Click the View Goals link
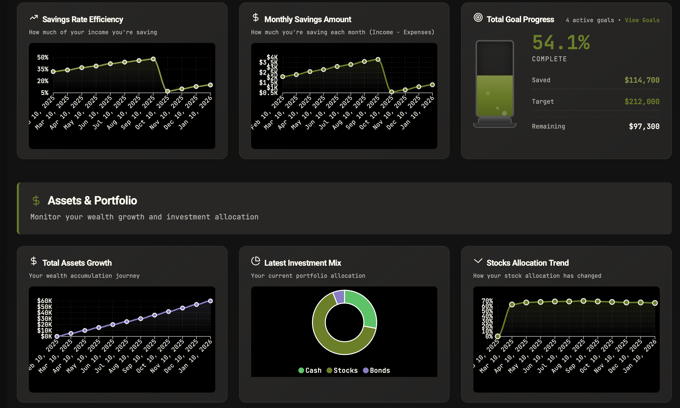pyautogui.click(x=642, y=20)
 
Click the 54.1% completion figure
pyautogui.click(x=561, y=43)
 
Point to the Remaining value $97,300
pyautogui.click(x=644, y=126)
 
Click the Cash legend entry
pyautogui.click(x=310, y=370)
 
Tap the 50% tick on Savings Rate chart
pyautogui.click(x=43, y=57)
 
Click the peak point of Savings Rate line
pyautogui.click(x=153, y=59)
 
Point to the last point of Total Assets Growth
pyautogui.click(x=210, y=301)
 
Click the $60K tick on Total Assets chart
pyautogui.click(x=45, y=301)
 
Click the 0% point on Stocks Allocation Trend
pyautogui.click(x=497, y=336)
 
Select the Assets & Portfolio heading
pyautogui.click(x=92, y=200)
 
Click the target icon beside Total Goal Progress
pyautogui.click(x=478, y=18)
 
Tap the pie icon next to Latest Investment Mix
pyautogui.click(x=255, y=261)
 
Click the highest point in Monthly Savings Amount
pyautogui.click(x=378, y=59)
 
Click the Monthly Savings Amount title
pyautogui.click(x=307, y=20)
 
